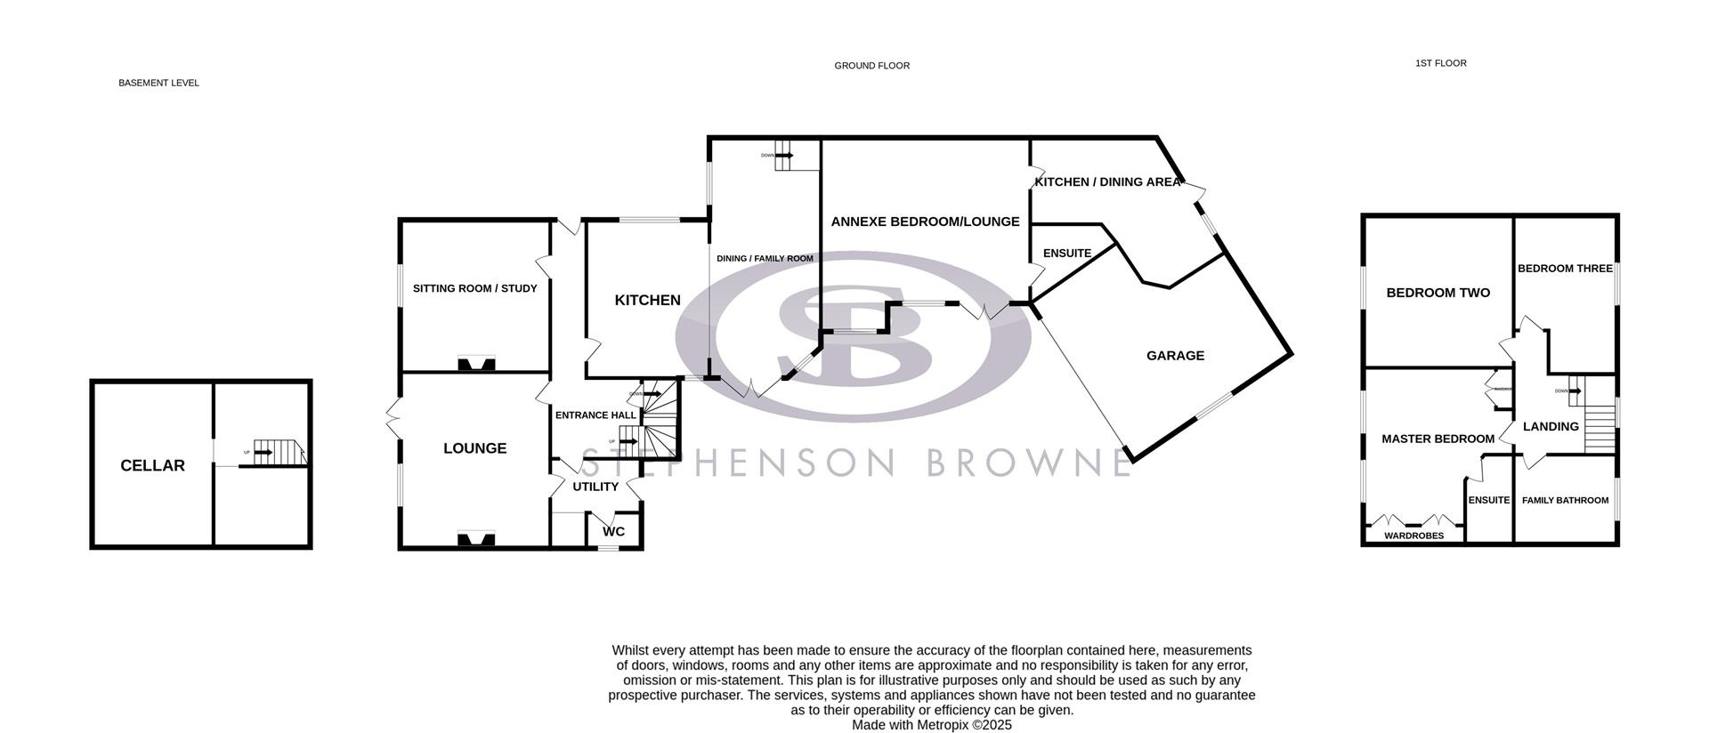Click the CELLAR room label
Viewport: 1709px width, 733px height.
coord(152,465)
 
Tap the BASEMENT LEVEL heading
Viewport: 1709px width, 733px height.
coord(158,83)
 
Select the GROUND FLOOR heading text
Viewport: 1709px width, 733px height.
coord(871,66)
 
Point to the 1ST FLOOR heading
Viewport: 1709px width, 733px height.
coord(1440,63)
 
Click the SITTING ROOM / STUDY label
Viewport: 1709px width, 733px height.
coord(474,288)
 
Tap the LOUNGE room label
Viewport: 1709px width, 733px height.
coord(474,448)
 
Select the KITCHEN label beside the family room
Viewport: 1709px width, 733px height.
coord(647,301)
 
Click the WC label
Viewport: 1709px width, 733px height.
coord(613,532)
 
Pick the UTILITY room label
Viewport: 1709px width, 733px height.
coord(595,487)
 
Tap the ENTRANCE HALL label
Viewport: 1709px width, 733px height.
coord(595,415)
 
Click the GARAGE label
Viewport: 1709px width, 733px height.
coord(1175,356)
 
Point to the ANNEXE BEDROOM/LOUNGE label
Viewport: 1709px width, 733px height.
coord(925,222)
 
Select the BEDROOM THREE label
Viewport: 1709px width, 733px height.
coord(1565,269)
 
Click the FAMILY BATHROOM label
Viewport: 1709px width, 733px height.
coord(1565,501)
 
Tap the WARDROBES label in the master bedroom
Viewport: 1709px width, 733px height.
coord(1413,536)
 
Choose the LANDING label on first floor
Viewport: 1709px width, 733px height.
coord(1551,427)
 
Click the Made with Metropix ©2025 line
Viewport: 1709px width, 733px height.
coord(931,725)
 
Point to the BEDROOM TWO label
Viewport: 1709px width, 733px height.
coord(1438,293)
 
